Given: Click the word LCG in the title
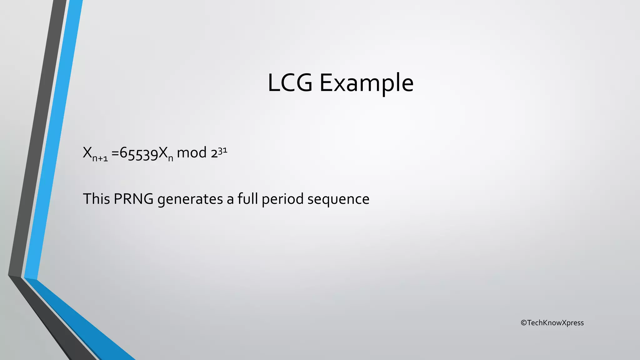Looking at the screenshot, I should point(290,83).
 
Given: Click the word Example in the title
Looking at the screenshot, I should point(366,83).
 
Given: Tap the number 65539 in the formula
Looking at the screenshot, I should point(139,153).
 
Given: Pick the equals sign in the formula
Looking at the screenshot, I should point(115,153).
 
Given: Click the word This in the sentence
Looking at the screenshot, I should point(96,199).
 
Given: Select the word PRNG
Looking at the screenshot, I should point(133,199).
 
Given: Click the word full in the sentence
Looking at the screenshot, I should point(247,199).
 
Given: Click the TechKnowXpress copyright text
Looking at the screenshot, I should point(555,323).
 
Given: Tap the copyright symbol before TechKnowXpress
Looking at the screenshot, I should point(524,323).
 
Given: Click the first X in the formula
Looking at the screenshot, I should point(87,152).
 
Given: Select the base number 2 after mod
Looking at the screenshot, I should point(214,153).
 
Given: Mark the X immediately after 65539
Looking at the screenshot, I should point(163,153).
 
